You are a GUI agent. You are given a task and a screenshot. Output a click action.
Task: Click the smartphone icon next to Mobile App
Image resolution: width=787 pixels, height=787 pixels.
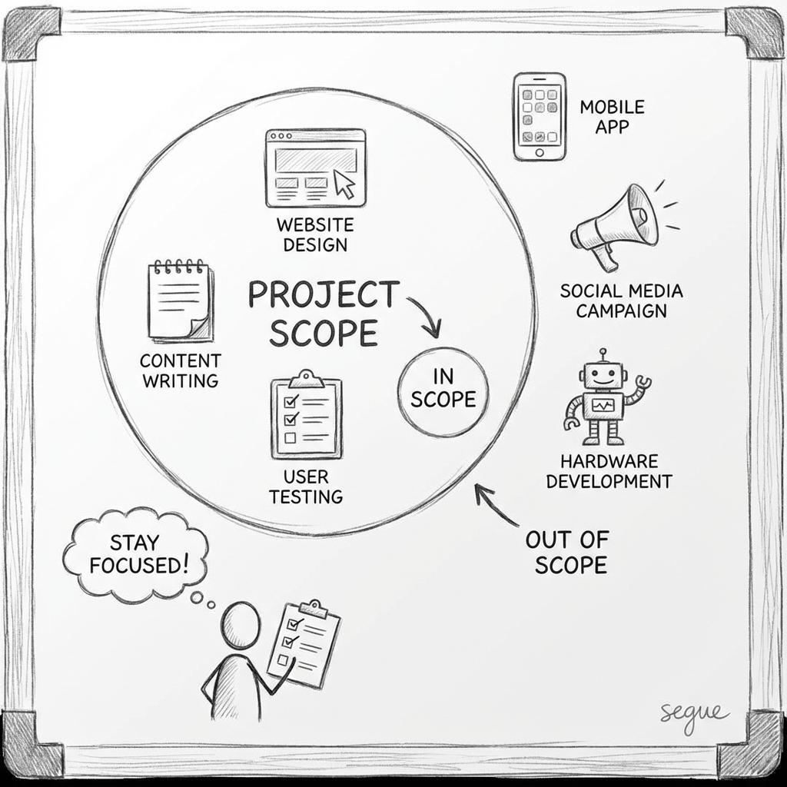(x=540, y=117)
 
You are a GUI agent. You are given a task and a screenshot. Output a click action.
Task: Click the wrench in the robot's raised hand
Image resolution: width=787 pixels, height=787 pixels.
(x=643, y=383)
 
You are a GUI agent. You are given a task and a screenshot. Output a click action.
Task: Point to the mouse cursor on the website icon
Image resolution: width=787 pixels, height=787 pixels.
(x=344, y=184)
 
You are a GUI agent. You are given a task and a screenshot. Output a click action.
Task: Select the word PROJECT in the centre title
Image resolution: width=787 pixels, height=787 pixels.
(x=324, y=294)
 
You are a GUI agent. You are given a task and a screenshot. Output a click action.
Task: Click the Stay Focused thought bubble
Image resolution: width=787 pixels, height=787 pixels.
(x=135, y=555)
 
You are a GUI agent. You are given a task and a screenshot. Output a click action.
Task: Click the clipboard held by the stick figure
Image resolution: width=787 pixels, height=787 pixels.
(x=304, y=644)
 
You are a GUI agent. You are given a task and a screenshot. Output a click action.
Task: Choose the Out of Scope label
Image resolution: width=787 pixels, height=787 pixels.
(x=568, y=553)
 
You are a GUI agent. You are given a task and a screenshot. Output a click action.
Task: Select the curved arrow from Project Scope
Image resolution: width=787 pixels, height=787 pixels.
(x=427, y=315)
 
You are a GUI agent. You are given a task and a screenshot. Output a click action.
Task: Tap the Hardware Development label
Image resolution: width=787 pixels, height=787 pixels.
(x=609, y=471)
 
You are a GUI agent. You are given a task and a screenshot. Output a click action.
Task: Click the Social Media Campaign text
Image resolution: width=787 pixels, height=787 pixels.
(x=621, y=301)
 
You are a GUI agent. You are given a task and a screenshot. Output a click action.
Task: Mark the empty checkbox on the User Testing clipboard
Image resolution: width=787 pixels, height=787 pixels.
(x=290, y=437)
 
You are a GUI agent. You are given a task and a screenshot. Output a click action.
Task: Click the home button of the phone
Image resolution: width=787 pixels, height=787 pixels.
(x=540, y=153)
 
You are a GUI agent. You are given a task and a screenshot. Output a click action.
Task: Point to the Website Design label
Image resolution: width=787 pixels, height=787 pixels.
(x=315, y=234)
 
